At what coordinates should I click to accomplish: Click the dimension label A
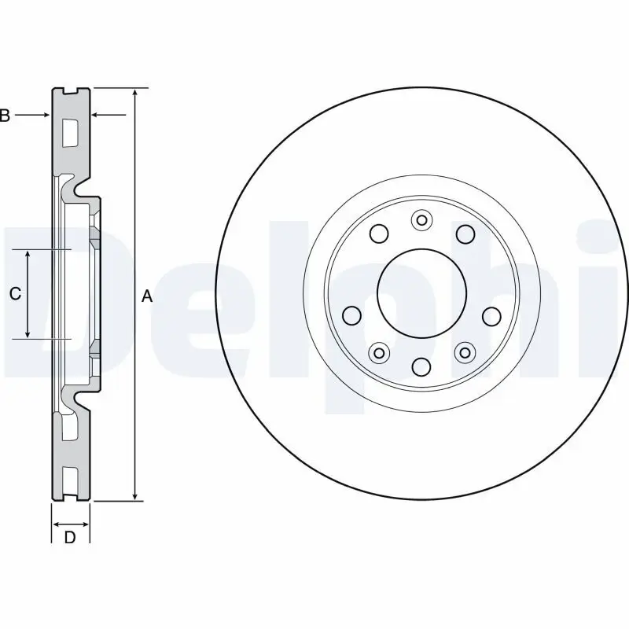pyautogui.click(x=146, y=296)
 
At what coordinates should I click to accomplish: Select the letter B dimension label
pyautogui.click(x=5, y=116)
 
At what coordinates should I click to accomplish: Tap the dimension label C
pyautogui.click(x=15, y=294)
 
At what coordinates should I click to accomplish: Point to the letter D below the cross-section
pyautogui.click(x=70, y=538)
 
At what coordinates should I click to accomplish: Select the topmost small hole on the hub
pyautogui.click(x=421, y=221)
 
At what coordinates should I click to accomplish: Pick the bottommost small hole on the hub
pyautogui.click(x=421, y=366)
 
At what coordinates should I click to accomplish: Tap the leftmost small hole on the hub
pyautogui.click(x=352, y=316)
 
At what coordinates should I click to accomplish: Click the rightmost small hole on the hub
pyautogui.click(x=491, y=316)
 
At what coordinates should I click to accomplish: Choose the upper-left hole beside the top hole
pyautogui.click(x=379, y=234)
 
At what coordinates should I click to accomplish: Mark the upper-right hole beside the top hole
pyautogui.click(x=465, y=234)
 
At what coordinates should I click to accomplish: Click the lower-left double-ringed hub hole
pyautogui.click(x=380, y=352)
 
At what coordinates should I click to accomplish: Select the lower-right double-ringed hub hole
pyautogui.click(x=465, y=352)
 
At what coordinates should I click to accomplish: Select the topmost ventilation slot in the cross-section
pyautogui.click(x=69, y=131)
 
